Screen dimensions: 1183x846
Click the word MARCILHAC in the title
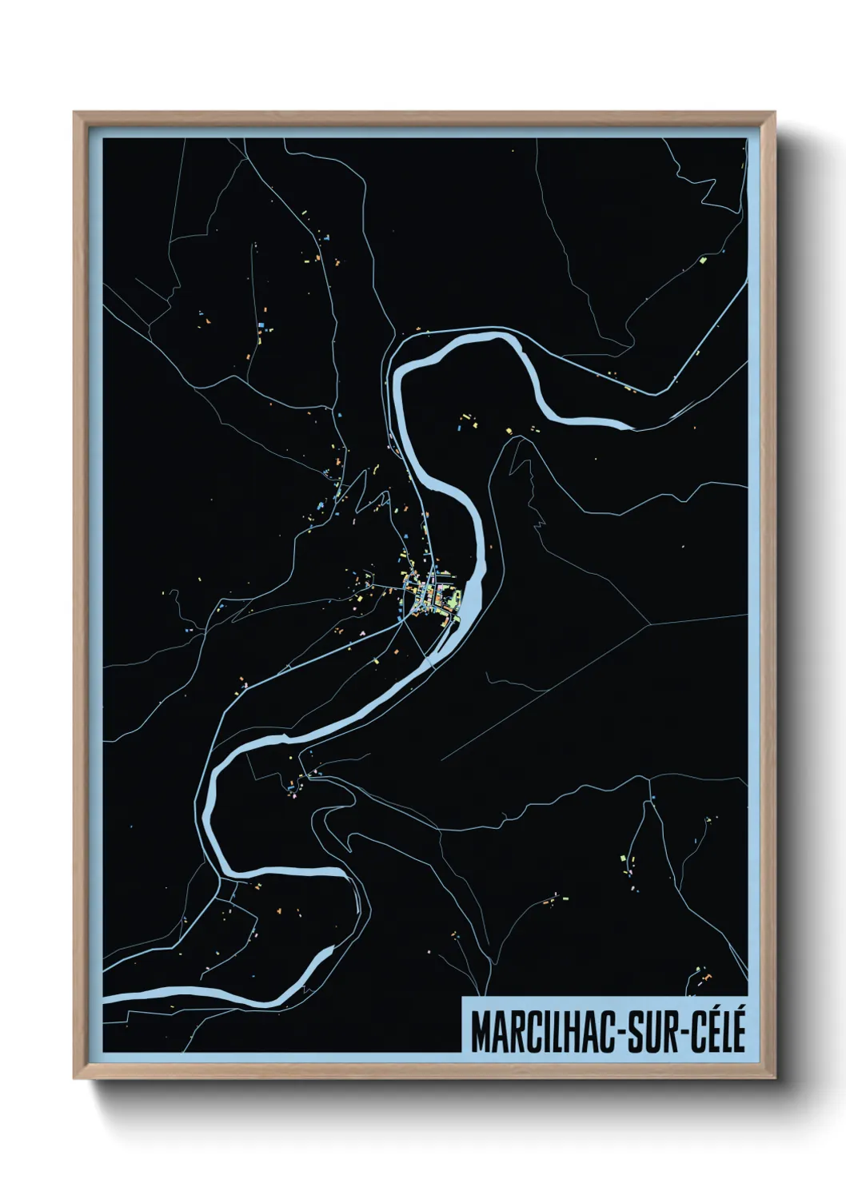[x=541, y=1032]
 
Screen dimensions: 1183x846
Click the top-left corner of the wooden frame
[x=74, y=113]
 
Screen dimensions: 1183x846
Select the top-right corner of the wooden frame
[x=776, y=113]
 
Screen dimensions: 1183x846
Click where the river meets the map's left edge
[x=105, y=998]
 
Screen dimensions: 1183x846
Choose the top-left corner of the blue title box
[x=462, y=998]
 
